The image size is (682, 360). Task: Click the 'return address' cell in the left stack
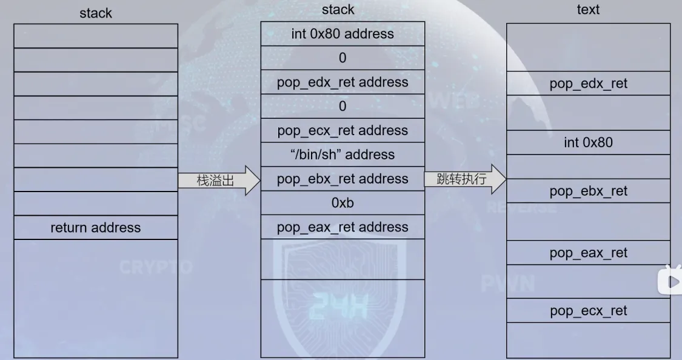pos(95,228)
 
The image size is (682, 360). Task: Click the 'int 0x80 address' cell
pos(343,34)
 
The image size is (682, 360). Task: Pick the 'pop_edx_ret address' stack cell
pos(343,82)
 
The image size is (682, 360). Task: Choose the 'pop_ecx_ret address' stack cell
pos(343,131)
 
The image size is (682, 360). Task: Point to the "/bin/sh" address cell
pos(343,155)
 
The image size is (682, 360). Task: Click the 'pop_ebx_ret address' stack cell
pos(343,179)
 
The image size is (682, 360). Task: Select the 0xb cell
pos(343,203)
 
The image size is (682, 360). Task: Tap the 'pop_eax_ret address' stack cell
pos(343,227)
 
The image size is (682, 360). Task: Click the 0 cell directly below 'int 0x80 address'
pos(343,58)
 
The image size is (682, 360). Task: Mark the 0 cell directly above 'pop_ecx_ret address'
pos(343,107)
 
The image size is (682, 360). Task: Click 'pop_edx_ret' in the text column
pos(588,84)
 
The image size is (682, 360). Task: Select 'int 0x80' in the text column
pos(588,143)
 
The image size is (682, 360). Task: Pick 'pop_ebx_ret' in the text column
pos(588,192)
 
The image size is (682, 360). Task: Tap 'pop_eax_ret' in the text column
pos(588,253)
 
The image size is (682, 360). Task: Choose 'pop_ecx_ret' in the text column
pos(588,311)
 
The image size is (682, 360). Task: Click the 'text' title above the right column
pos(588,10)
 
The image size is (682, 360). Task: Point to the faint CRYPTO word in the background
pos(156,267)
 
